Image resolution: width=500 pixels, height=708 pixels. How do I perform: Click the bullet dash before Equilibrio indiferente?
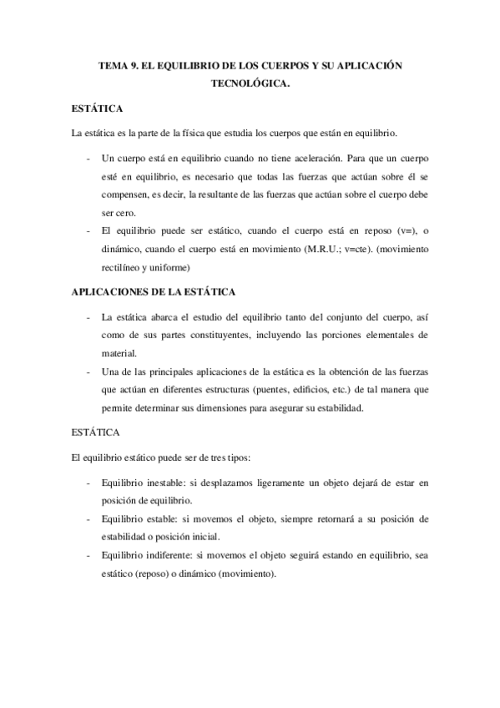pos(89,555)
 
